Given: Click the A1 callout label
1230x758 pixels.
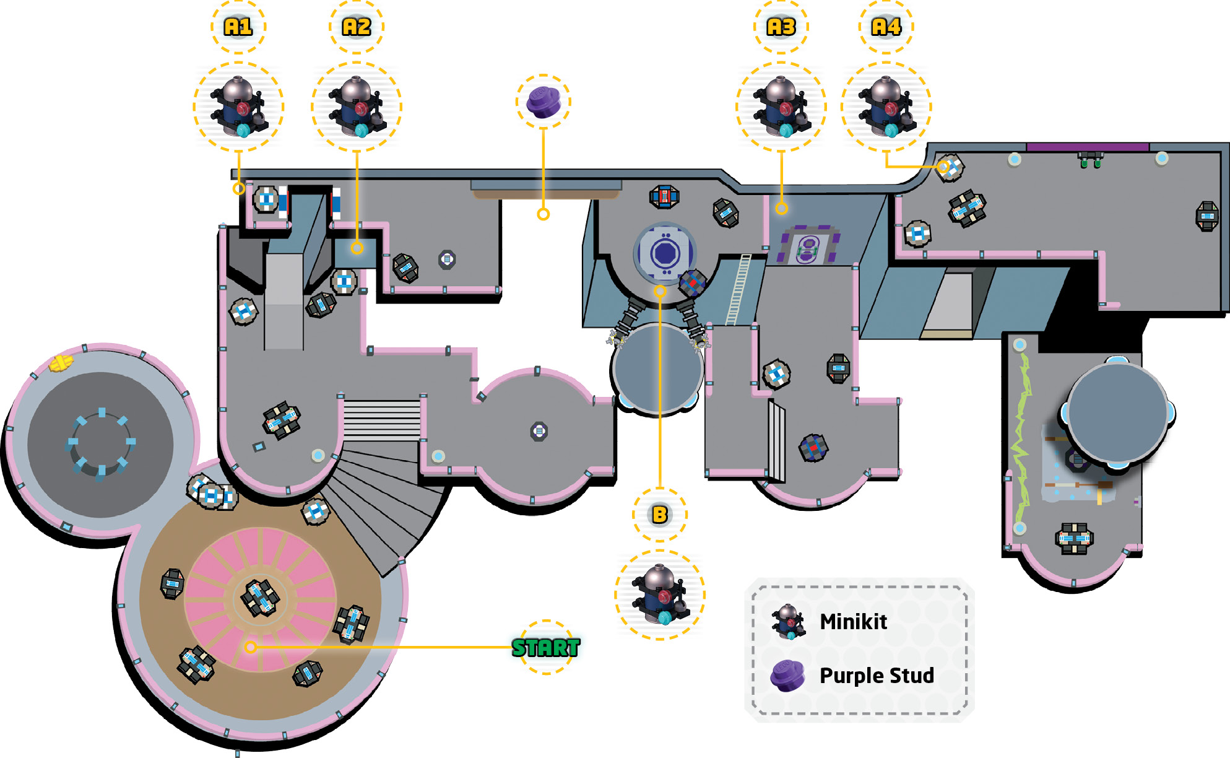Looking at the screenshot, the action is (238, 27).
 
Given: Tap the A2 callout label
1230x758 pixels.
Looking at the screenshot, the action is (357, 27).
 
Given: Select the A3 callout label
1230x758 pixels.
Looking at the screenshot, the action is (781, 27).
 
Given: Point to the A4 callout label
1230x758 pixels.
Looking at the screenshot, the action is (886, 27).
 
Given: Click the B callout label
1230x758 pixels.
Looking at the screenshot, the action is (660, 515).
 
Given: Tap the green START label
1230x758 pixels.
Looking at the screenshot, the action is (546, 648).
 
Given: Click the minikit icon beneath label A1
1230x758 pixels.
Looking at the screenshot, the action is (239, 107).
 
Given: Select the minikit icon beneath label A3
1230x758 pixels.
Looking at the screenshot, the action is (781, 107).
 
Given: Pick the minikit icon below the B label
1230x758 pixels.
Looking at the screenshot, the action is (660, 595).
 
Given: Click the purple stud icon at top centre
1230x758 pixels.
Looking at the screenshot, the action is (543, 102).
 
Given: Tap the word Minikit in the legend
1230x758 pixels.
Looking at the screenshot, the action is (853, 621).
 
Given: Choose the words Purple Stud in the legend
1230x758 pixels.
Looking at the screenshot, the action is (877, 675).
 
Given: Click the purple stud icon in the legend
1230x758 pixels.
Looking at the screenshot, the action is (787, 676).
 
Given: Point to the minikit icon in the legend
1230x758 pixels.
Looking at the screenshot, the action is (788, 622).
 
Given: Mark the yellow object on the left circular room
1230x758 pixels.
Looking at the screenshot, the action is (61, 364).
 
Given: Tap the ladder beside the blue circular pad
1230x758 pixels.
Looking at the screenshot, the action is (738, 290).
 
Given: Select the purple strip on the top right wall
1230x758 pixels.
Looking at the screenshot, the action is (1088, 147).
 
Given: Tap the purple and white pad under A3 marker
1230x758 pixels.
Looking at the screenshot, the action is (808, 245).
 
